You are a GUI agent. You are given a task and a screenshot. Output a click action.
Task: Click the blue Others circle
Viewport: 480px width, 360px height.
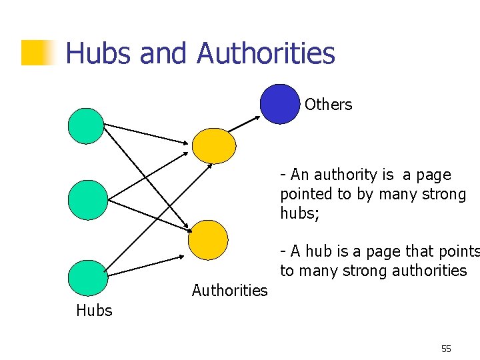[x=280, y=104]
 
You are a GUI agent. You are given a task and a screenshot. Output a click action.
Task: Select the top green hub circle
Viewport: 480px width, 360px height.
[x=87, y=126]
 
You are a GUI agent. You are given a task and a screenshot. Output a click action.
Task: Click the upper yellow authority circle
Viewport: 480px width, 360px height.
[x=214, y=145]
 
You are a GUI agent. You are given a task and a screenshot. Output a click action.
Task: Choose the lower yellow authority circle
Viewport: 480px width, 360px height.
[x=208, y=240]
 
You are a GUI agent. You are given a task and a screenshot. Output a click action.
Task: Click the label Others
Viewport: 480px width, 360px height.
[x=328, y=105]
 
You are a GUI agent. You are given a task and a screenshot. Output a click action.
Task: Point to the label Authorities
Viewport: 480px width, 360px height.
[x=229, y=290]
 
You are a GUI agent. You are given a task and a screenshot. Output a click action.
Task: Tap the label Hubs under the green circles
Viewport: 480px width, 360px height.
[x=94, y=310]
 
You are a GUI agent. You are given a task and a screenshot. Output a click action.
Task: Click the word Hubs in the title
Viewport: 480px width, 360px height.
[x=98, y=53]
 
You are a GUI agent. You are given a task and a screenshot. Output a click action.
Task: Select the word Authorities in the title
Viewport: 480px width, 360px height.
[x=266, y=53]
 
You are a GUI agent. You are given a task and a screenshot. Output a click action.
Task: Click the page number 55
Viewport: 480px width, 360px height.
[x=446, y=349]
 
